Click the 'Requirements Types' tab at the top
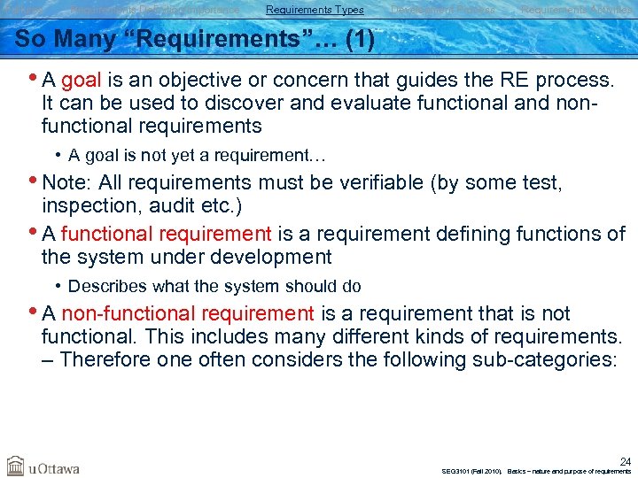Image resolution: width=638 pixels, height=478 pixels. coord(315,10)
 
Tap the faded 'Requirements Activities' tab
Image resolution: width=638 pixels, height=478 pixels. coord(576,10)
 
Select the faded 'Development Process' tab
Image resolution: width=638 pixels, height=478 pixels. coord(443,10)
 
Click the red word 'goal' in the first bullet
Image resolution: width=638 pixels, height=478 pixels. coord(81,81)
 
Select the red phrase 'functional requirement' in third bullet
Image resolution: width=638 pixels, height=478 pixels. coord(167,235)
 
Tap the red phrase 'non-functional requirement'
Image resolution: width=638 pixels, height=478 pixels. coord(188,314)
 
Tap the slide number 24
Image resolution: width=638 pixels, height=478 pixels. coord(624,461)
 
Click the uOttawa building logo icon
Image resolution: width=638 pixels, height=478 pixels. coord(16,466)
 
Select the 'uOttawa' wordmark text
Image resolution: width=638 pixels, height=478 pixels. coord(54,467)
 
